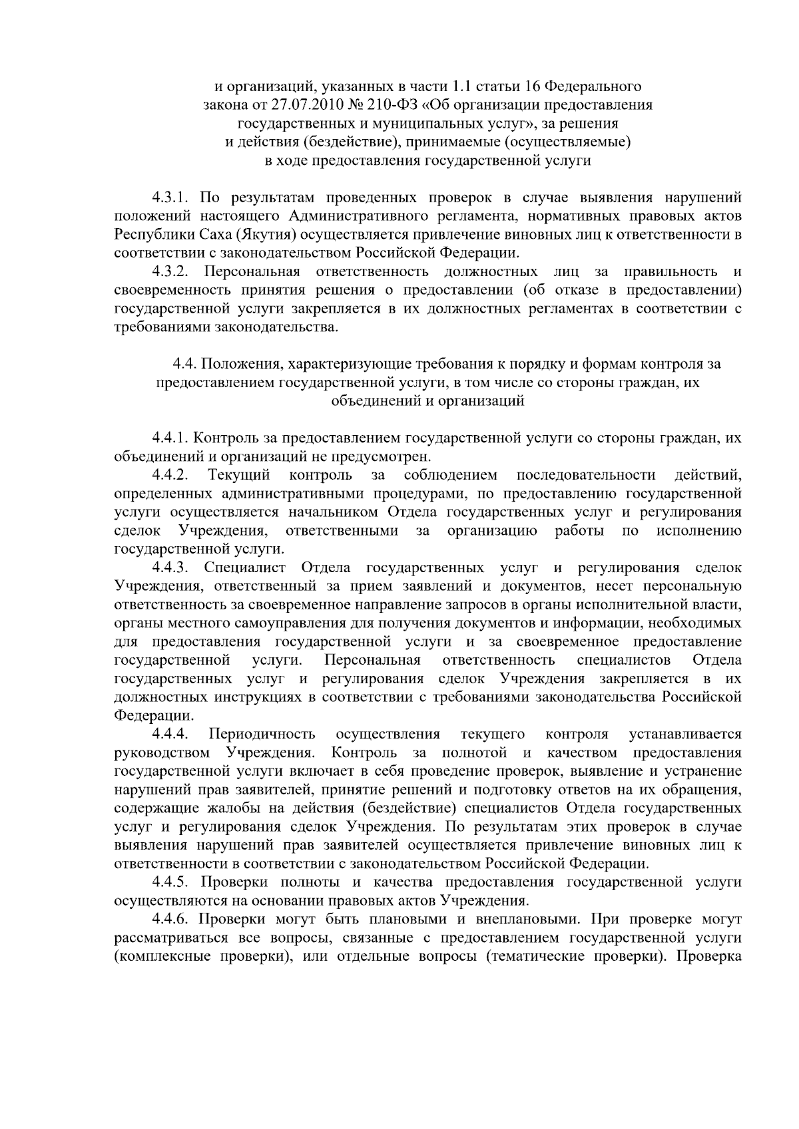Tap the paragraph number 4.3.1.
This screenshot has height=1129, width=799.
[170, 198]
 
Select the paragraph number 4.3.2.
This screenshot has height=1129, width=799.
[170, 271]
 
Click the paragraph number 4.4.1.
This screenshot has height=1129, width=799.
[170, 438]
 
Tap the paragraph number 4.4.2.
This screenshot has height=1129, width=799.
[170, 475]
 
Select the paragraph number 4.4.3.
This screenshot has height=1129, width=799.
[170, 567]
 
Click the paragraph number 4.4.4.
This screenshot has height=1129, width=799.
[170, 734]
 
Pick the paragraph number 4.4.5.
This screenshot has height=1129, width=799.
[170, 882]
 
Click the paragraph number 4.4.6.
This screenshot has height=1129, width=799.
[170, 919]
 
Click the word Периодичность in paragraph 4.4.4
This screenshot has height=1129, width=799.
[262, 734]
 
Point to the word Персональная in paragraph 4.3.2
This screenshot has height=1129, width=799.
[252, 271]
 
